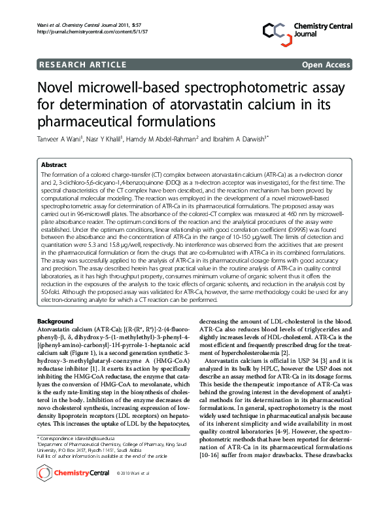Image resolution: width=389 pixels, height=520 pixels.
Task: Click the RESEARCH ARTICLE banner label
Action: pyautogui.click(x=83, y=64)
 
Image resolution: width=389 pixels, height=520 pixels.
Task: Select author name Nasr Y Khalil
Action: pyautogui.click(x=108, y=139)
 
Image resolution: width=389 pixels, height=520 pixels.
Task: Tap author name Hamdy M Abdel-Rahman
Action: pyautogui.click(x=169, y=139)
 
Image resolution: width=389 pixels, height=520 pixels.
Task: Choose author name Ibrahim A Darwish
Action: pyautogui.click(x=240, y=139)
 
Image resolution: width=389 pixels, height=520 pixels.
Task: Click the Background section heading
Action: pyautogui.click(x=56, y=322)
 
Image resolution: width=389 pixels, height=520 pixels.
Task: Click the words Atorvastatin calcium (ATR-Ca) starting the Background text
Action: pyautogui.click(x=75, y=329)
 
